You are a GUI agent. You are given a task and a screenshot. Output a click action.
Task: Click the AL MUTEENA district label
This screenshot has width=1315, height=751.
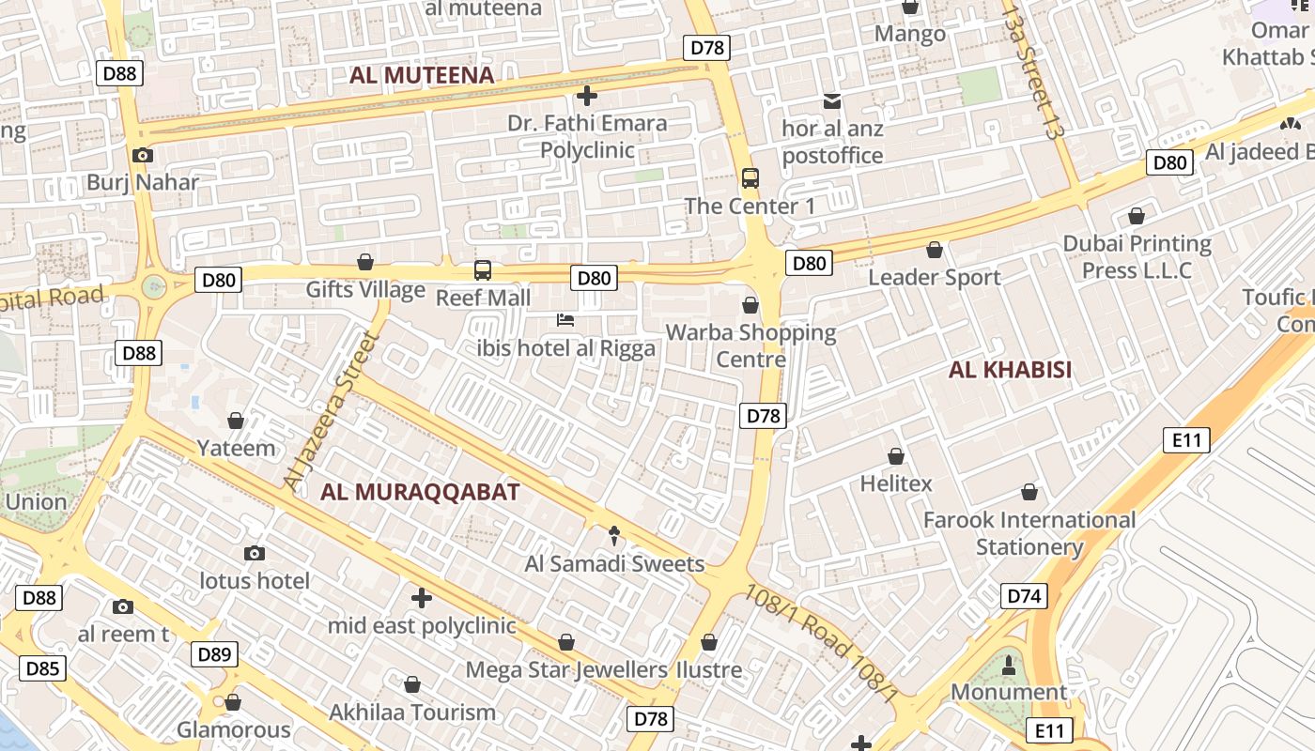coord(422,75)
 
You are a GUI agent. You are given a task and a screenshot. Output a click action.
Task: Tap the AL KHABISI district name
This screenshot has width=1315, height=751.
coord(1010,369)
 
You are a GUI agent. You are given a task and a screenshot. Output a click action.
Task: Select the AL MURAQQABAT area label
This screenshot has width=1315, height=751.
coord(420,491)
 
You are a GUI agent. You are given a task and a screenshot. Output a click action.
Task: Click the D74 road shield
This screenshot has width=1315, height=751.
coord(1023,596)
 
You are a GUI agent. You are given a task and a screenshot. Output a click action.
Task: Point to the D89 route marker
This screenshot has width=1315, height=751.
coord(214,654)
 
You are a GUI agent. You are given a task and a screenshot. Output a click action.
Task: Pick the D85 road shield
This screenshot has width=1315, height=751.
coord(42,668)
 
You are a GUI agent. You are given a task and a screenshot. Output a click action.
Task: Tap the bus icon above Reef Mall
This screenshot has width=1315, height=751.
coord(483,270)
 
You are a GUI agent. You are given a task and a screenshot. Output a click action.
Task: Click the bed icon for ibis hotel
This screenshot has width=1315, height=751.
coord(565,320)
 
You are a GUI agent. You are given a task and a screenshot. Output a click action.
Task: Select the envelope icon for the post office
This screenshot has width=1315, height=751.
coord(832,101)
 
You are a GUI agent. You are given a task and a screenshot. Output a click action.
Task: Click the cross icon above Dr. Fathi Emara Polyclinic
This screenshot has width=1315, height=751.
coord(587,95)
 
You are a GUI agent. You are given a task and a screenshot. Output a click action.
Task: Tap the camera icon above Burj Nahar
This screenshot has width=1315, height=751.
coord(143,155)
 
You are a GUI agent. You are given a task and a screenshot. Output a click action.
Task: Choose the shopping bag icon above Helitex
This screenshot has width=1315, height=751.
coord(896,456)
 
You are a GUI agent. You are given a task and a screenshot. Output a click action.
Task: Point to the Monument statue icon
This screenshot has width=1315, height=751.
coord(1009,666)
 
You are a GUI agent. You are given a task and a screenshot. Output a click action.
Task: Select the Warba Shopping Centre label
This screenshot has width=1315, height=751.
coord(750,345)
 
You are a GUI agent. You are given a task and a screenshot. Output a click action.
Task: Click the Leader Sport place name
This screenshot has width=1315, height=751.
coord(934,277)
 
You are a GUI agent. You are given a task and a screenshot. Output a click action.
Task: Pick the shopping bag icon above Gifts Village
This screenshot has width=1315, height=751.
coord(365,262)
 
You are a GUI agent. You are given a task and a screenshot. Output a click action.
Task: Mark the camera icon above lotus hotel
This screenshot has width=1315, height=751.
coord(254,554)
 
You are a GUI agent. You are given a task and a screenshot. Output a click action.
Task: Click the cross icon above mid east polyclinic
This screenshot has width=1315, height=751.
coord(422,597)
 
